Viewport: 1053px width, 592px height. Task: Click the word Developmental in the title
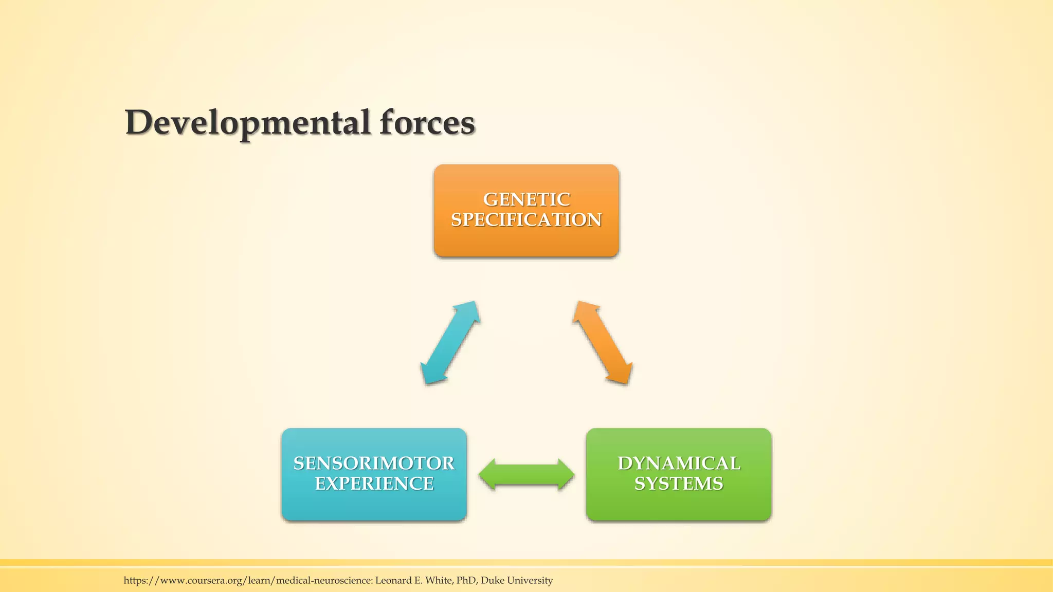(247, 123)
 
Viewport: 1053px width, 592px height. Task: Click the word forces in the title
(427, 123)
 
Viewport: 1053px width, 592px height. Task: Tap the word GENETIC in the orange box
(526, 199)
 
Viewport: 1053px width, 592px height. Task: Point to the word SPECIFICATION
(526, 220)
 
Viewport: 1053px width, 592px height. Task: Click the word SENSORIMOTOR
(374, 464)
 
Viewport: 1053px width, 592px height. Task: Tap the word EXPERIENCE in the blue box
(374, 484)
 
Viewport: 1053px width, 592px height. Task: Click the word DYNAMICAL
(679, 464)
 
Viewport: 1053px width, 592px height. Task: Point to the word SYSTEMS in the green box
(679, 484)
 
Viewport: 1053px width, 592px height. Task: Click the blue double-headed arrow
(450, 343)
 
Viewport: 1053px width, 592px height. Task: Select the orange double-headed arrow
(602, 343)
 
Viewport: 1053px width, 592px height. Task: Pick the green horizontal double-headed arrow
(526, 474)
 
